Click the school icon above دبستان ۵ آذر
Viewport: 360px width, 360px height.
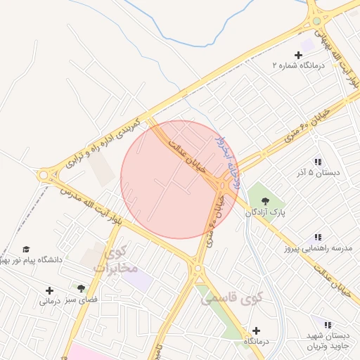(318, 161)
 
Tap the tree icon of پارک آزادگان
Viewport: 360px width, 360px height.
(264, 200)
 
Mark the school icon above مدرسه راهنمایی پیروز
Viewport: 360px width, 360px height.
(318, 238)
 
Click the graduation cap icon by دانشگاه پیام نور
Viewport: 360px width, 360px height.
(26, 249)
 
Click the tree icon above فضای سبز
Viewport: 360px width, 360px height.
(82, 288)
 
